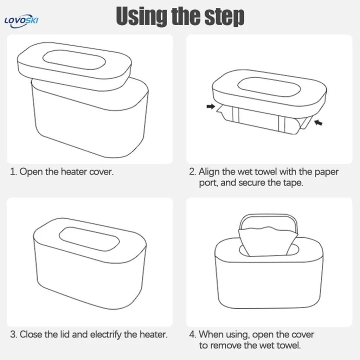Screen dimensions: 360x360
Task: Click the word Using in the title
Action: coord(141,16)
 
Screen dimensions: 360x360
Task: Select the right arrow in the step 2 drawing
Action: coord(318,121)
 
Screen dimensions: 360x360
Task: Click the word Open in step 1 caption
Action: coord(30,172)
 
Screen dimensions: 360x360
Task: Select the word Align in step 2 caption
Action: coord(209,172)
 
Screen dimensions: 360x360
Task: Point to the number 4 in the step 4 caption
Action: coord(192,334)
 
